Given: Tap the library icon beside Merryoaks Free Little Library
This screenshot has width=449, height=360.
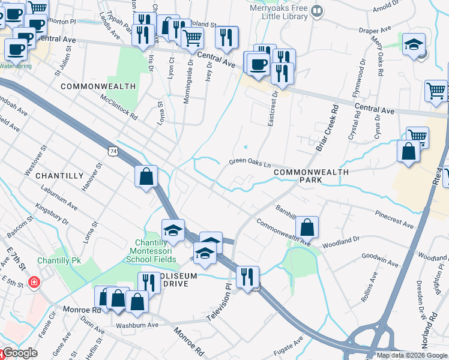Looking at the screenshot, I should pyautogui.click(x=318, y=10).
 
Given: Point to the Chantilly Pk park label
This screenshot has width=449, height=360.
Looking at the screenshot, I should pyautogui.click(x=59, y=261).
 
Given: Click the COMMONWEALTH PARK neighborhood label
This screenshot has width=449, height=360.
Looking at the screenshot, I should pyautogui.click(x=310, y=176).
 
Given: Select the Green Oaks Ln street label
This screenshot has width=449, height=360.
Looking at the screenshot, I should pyautogui.click(x=250, y=163).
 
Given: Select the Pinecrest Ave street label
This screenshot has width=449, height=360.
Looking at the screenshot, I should pyautogui.click(x=394, y=219).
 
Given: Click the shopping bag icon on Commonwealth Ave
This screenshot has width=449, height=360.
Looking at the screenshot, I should pyautogui.click(x=307, y=227).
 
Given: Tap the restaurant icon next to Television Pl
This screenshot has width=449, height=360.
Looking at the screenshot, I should pyautogui.click(x=247, y=277).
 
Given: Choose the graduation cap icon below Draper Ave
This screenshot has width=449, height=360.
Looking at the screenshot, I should pyautogui.click(x=414, y=46).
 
